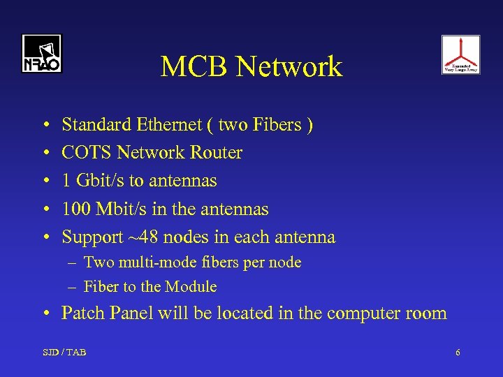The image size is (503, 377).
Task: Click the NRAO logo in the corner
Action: pos(41,54)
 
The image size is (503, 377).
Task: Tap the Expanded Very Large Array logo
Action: pos(460,54)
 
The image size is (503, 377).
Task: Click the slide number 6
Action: pos(458,353)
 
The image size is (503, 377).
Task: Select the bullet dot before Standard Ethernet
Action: pos(45,126)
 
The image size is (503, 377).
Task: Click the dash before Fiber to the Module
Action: pos(73,286)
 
